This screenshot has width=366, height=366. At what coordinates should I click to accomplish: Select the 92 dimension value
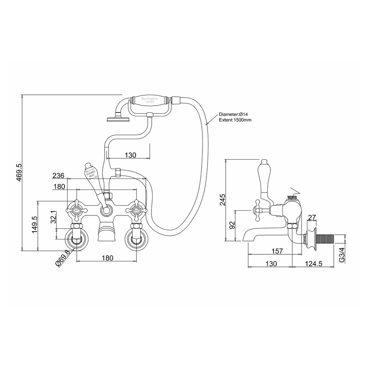pyautogui.click(x=232, y=225)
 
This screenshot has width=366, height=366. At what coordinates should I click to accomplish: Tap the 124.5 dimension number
pyautogui.click(x=313, y=264)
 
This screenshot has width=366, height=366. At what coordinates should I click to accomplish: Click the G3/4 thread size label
pyautogui.click(x=342, y=255)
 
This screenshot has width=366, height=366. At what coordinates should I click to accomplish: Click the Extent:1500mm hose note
pyautogui.click(x=235, y=120)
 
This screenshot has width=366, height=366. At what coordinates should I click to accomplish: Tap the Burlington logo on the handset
pyautogui.click(x=149, y=100)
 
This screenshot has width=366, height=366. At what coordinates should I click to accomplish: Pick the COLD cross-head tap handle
pyautogui.click(x=136, y=211)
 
